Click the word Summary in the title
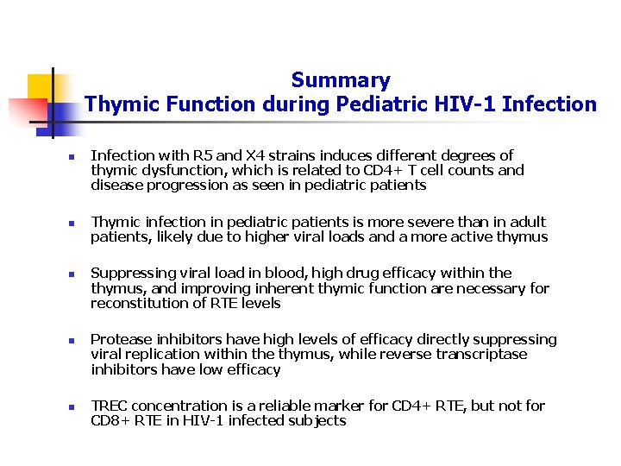[x=341, y=81]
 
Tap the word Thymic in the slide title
[x=118, y=105]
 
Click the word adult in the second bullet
[x=527, y=223]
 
